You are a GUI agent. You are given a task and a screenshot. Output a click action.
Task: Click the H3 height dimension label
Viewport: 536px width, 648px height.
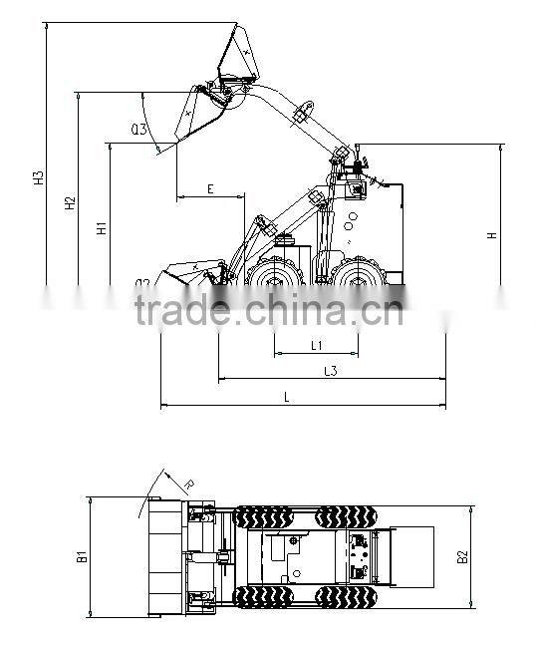39,179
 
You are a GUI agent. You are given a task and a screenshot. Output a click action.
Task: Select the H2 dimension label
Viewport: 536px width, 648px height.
70,203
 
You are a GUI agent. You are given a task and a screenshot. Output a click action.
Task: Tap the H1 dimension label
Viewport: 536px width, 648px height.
101,228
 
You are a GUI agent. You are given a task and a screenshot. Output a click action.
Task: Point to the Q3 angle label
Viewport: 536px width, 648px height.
138,129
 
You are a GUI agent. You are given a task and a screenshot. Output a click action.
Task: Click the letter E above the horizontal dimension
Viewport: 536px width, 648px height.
210,188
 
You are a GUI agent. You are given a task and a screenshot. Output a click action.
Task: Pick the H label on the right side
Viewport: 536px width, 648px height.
491,235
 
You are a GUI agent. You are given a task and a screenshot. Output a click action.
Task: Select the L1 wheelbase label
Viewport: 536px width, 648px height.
315,345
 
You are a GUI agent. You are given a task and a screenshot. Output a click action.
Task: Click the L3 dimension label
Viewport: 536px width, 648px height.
331,371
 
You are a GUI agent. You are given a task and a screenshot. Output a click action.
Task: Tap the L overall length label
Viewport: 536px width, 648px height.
287,397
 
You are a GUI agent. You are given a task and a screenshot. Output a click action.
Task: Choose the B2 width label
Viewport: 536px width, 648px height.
462,557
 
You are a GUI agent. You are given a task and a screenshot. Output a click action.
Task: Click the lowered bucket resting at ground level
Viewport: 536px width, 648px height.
189,274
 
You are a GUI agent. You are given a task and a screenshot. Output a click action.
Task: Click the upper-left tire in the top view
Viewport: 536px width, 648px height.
263,516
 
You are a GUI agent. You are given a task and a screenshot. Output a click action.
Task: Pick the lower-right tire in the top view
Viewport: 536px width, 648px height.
345,597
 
